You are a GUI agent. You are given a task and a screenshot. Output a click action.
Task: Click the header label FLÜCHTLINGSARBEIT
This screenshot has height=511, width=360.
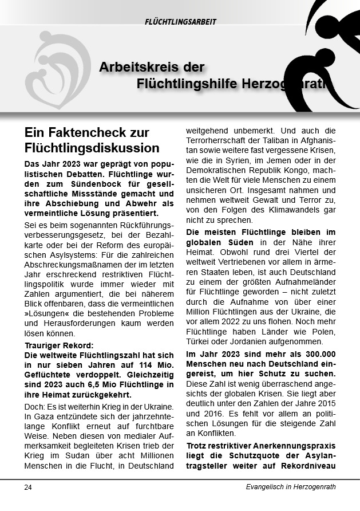(x=180, y=22)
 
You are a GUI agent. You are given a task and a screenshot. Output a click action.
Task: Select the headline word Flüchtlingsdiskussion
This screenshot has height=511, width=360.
(x=92, y=148)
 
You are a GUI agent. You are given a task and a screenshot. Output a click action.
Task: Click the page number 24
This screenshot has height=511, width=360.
(x=28, y=487)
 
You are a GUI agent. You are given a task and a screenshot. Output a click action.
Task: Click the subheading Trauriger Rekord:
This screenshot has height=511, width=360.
(x=55, y=345)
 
